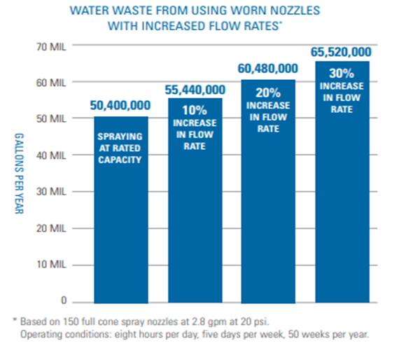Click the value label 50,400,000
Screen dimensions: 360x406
pos(121,106)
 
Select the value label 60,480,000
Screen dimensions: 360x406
pos(269,69)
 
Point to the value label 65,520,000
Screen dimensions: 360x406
pos(342,52)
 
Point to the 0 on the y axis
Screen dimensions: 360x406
pos(63,301)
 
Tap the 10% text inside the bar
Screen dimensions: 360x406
pos(195,110)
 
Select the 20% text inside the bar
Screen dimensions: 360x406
pos(269,92)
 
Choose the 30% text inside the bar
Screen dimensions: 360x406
pos(342,73)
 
